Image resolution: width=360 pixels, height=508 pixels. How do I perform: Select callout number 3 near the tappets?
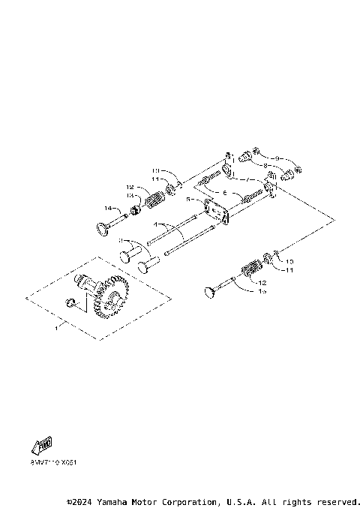[x=119, y=241]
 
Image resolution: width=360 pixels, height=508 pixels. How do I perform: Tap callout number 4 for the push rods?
[x=155, y=224]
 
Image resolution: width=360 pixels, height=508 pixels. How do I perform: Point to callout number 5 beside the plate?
[x=190, y=201]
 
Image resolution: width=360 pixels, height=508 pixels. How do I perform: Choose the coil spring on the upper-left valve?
[x=154, y=202]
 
